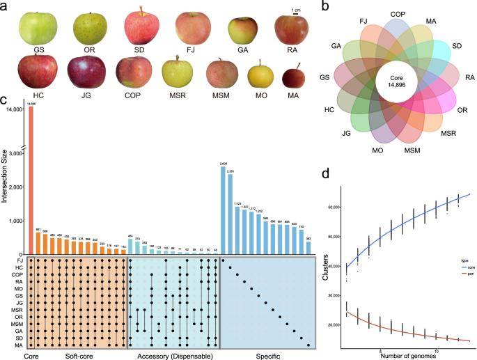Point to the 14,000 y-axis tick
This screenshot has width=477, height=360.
16,109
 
